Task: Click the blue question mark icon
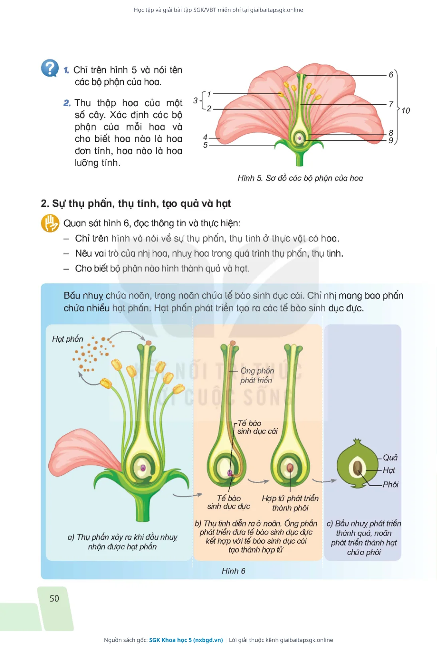click(50, 68)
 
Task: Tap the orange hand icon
click(50, 223)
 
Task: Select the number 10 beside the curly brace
click(405, 111)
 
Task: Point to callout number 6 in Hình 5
click(391, 75)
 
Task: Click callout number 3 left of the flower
click(195, 101)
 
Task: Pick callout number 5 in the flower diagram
click(205, 145)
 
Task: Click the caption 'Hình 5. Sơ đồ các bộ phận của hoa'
click(300, 178)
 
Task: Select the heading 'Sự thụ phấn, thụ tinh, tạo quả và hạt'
click(141, 204)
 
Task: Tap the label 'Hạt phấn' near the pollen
click(68, 339)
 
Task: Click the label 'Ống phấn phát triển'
click(257, 376)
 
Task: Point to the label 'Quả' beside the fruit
click(390, 457)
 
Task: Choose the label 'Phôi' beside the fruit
click(390, 485)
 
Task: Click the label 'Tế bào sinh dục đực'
click(228, 502)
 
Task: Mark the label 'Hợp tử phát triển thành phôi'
click(290, 503)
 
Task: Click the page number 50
click(54, 598)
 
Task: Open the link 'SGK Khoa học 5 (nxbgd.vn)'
click(186, 640)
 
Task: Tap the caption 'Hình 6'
click(233, 571)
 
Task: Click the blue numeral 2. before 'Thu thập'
click(67, 103)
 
